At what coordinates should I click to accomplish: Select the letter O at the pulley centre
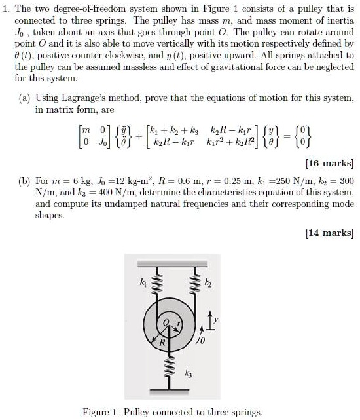click(x=166, y=321)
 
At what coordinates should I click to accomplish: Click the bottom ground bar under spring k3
click(x=175, y=391)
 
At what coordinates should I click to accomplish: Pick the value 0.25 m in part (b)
click(x=241, y=180)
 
